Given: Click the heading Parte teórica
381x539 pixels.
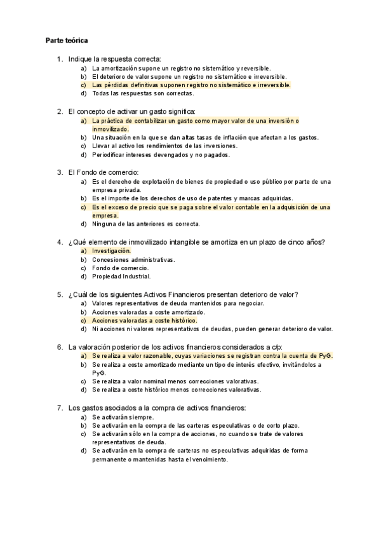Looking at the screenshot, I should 67,41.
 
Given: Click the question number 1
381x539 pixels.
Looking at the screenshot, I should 59,59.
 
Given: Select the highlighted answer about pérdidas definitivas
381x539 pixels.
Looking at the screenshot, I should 190,85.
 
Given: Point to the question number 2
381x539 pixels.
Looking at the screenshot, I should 59,111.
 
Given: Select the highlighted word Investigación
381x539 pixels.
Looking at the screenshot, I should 111,250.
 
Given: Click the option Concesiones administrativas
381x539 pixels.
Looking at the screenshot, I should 133,259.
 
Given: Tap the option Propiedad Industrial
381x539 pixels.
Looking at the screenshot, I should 121,276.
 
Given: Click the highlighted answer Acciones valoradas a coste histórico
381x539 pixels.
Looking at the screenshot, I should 144,320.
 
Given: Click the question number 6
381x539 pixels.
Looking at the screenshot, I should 59,346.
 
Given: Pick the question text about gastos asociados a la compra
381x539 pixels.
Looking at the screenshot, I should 156,407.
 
